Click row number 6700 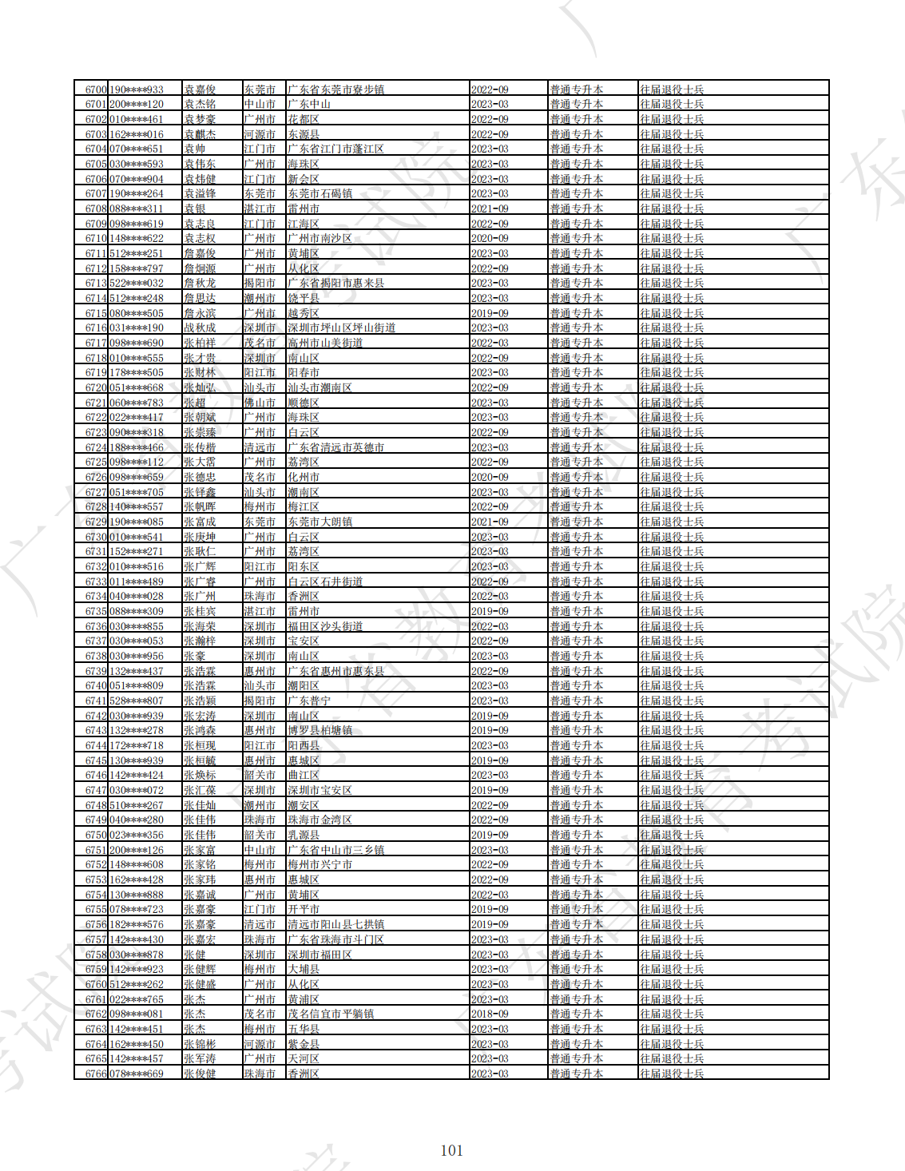click(x=96, y=89)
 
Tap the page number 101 click(x=451, y=1150)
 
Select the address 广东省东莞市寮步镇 click(x=336, y=89)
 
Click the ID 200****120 click(x=137, y=105)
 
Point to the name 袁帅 click(x=195, y=149)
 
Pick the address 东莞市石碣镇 click(x=320, y=194)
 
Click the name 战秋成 click(x=200, y=328)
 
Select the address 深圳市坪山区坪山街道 click(x=342, y=328)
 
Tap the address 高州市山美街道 click(x=326, y=343)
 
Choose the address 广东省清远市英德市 click(x=336, y=447)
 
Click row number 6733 click(x=96, y=582)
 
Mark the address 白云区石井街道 click(x=326, y=582)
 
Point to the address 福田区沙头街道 click(x=326, y=626)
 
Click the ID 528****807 click(x=137, y=701)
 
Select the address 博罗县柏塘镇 click(x=320, y=731)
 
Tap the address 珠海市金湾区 click(x=320, y=820)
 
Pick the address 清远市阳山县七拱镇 click(x=336, y=924)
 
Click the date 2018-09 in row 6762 click(x=490, y=1014)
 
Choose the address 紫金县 click(x=304, y=1044)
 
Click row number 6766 click(x=96, y=1074)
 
